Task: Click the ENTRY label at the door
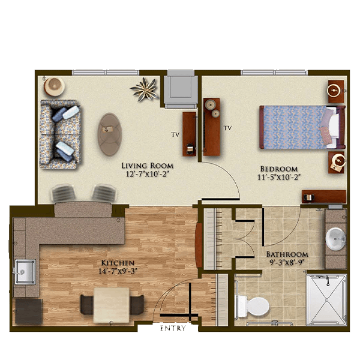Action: point(173,328)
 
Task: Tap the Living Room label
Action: point(147,166)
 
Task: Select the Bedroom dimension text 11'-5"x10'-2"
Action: point(279,177)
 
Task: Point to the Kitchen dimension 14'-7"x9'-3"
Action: point(118,271)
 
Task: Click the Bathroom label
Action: point(287,254)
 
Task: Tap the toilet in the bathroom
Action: point(253,307)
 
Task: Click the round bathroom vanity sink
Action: point(335,239)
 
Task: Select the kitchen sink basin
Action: point(25,272)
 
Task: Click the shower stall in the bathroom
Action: point(326,299)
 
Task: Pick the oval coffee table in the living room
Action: point(110,134)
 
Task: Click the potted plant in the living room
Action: point(145,89)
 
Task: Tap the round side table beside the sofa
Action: point(54,86)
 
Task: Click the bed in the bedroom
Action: point(302,127)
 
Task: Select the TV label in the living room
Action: point(175,135)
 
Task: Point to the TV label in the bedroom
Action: point(228,128)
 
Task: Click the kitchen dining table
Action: point(112,305)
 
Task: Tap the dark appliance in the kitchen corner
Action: point(28,311)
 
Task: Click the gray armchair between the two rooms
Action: point(181,89)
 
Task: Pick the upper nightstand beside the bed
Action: point(336,91)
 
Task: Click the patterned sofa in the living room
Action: point(60,134)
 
